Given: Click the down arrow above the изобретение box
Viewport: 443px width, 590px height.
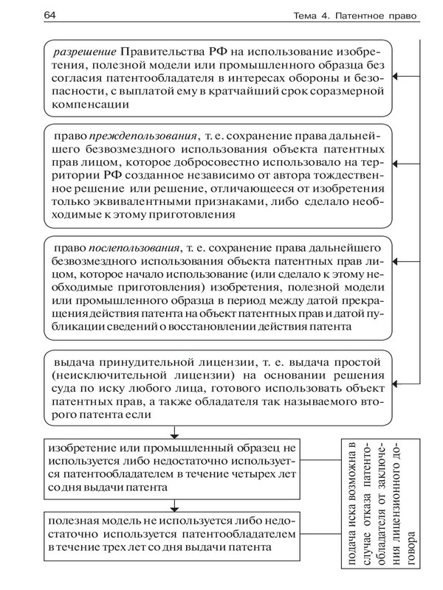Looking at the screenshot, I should (x=175, y=433).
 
